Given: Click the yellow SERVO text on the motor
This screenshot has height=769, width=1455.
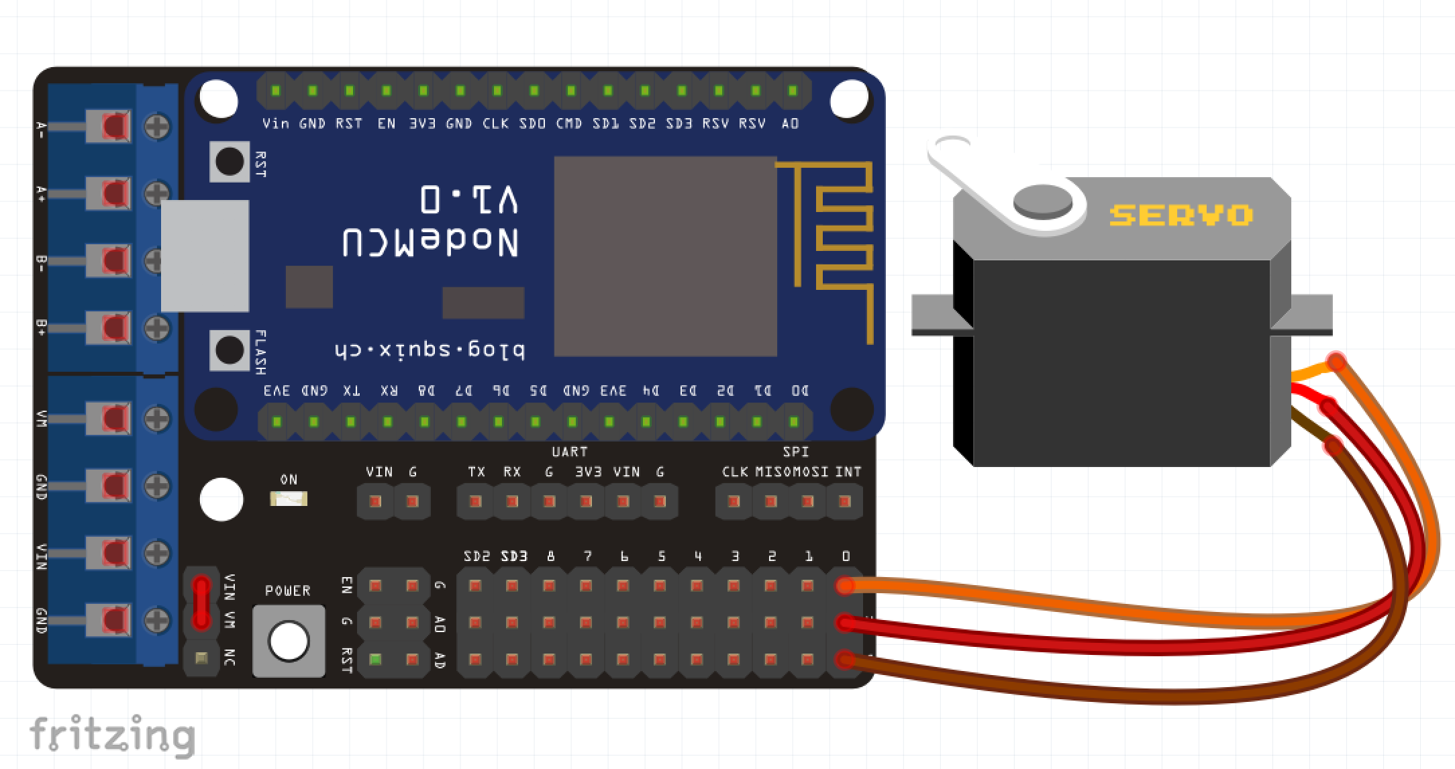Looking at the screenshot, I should pyautogui.click(x=1181, y=215).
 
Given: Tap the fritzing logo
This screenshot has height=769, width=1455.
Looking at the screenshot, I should pyautogui.click(x=112, y=735).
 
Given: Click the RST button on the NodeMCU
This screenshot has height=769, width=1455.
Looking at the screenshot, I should pyautogui.click(x=230, y=161).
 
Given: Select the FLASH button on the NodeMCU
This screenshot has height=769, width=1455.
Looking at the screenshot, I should pyautogui.click(x=230, y=350).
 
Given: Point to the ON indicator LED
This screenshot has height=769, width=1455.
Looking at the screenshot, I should pyautogui.click(x=289, y=499).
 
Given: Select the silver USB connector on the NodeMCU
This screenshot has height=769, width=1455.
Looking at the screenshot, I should pyautogui.click(x=205, y=256).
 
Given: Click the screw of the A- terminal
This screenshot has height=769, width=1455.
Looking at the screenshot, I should pyautogui.click(x=158, y=126).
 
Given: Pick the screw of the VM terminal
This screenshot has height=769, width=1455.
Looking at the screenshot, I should pyautogui.click(x=158, y=419).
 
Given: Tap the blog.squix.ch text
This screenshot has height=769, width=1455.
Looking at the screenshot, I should pyautogui.click(x=430, y=350).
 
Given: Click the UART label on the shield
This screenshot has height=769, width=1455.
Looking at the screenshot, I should pyautogui.click(x=569, y=452).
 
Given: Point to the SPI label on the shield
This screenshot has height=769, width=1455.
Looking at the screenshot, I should pyautogui.click(x=795, y=452).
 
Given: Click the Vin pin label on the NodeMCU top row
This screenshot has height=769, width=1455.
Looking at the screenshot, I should pyautogui.click(x=275, y=123).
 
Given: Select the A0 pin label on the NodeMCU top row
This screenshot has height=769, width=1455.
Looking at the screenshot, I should pyautogui.click(x=790, y=123).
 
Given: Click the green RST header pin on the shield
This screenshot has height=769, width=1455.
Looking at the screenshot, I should pyautogui.click(x=375, y=660).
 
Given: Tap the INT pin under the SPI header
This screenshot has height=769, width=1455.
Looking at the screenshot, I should pyautogui.click(x=845, y=501).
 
